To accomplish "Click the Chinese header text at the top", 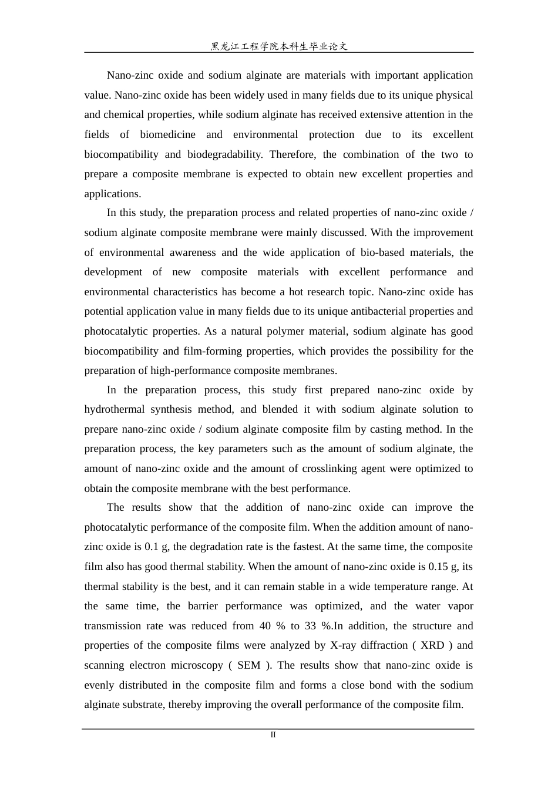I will (279, 46).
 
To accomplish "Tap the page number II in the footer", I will (273, 735).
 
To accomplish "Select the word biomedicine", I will (167, 134).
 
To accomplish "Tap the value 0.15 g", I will (443, 567).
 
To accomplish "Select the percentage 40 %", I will (272, 626).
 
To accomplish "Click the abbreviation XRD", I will (432, 645).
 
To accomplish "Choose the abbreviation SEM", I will (249, 665).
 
